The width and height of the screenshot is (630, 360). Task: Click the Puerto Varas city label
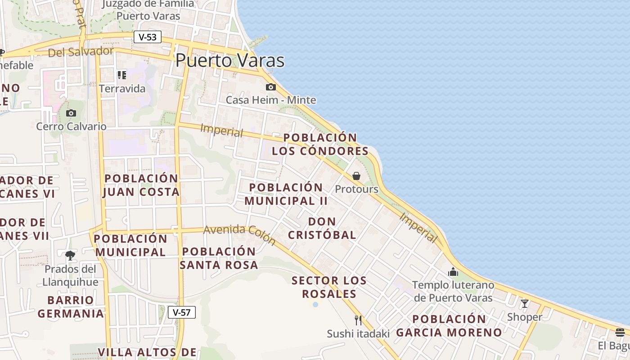(230, 60)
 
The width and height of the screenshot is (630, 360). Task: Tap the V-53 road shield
(148, 37)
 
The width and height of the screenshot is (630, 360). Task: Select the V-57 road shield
(182, 312)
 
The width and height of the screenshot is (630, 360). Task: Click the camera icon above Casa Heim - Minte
(270, 87)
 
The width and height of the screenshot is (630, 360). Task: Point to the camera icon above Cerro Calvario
(71, 113)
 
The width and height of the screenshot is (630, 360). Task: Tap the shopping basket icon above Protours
(356, 176)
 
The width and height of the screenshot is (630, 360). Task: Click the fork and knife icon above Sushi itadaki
(358, 320)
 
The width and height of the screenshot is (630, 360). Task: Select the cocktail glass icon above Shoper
(524, 304)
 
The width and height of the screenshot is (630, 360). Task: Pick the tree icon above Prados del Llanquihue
(70, 256)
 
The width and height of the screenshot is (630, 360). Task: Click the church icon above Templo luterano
(453, 272)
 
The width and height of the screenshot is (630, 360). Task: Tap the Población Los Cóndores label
(320, 144)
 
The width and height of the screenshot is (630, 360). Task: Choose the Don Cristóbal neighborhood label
(322, 228)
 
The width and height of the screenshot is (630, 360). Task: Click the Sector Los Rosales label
(329, 287)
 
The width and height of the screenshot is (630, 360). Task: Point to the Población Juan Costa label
(141, 185)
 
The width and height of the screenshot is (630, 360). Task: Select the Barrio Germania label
(71, 306)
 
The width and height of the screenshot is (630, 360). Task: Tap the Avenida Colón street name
(239, 234)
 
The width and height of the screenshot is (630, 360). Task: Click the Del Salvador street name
(81, 52)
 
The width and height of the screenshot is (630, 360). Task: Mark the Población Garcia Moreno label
(449, 326)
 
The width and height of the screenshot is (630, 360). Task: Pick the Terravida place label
(122, 88)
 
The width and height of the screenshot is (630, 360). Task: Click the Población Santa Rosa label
(219, 258)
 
